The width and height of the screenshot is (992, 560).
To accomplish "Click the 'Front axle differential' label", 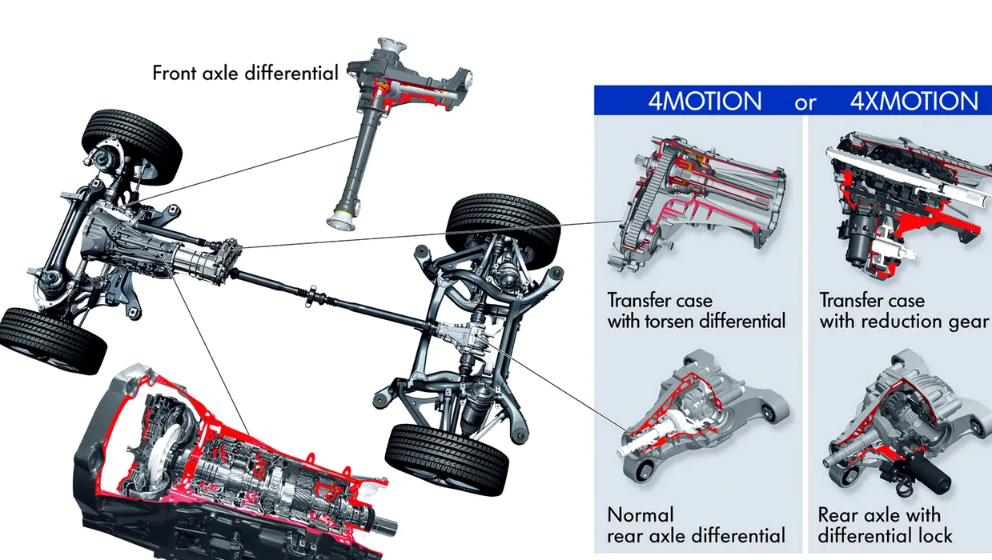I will point(246,73).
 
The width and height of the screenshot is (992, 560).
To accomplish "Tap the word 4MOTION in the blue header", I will point(705,102).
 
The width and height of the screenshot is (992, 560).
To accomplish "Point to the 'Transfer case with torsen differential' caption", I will point(696,311).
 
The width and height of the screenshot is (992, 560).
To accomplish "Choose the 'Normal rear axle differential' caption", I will point(696,525).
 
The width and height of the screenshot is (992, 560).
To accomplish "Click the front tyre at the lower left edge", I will point(53,341).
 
